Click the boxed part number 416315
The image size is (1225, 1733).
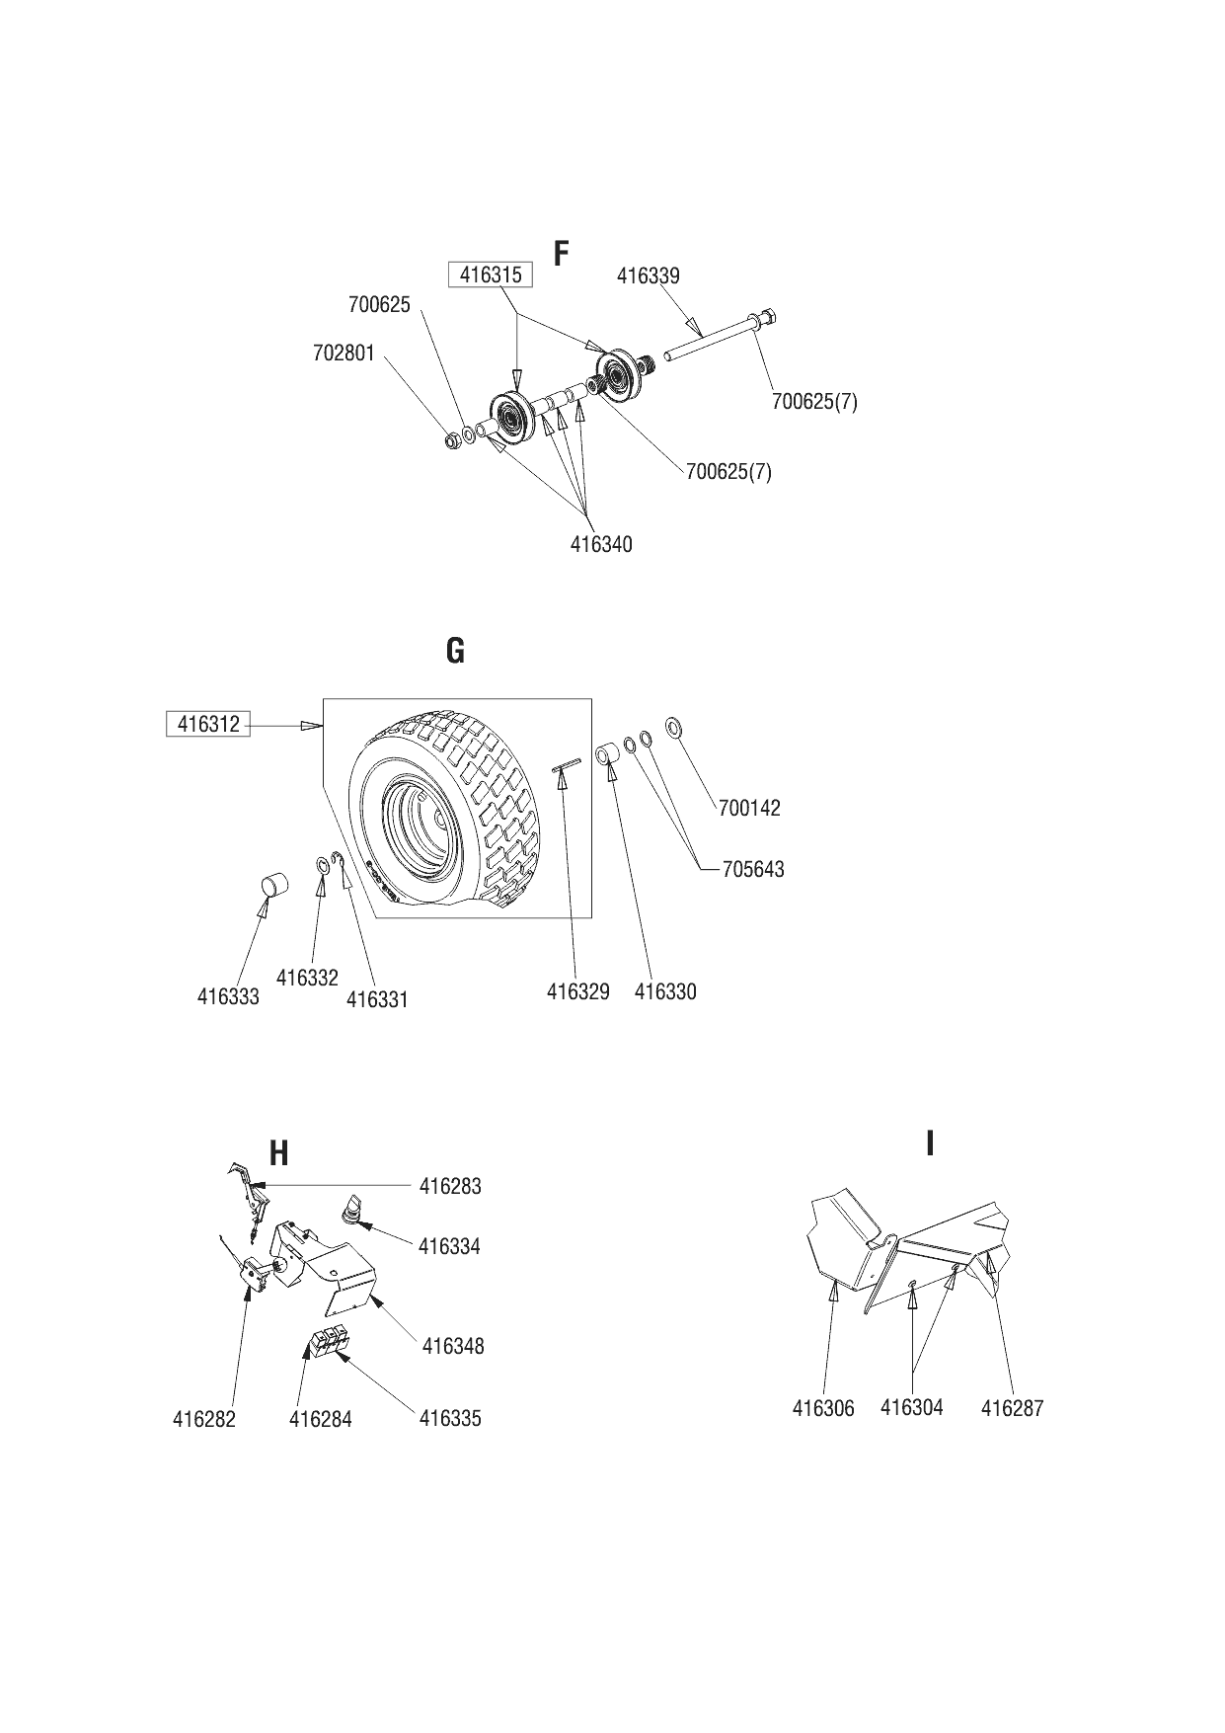491,275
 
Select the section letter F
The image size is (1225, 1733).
562,254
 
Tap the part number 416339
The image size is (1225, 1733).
649,276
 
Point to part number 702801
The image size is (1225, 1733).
345,353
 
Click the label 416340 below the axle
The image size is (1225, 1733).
601,544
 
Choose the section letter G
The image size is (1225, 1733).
455,651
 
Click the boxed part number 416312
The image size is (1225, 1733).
208,724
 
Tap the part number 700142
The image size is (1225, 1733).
749,808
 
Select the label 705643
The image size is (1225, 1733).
753,869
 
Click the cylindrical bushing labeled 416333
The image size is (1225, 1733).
272,884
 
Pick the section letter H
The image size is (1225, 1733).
279,1152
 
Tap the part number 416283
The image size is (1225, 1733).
450,1186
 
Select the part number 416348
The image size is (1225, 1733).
453,1346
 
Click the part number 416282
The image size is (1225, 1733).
204,1420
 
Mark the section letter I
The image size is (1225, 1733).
930,1143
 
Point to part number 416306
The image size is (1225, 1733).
823,1408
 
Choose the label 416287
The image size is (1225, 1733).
1012,1408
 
